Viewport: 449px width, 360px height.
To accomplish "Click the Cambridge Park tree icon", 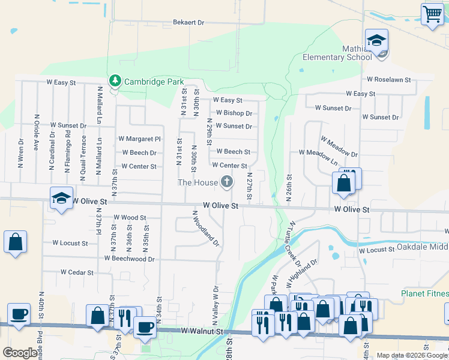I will point(114,80).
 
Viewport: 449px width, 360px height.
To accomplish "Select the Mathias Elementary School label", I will point(337,58).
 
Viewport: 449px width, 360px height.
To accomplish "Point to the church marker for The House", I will point(226,181).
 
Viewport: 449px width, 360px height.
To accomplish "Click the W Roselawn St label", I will point(388,79).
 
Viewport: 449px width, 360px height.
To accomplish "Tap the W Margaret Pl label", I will point(139,139).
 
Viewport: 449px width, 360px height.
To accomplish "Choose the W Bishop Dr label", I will point(234,113).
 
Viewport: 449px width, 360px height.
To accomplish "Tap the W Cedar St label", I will point(77,272).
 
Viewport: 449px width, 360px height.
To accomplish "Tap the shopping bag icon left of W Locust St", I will point(16,241).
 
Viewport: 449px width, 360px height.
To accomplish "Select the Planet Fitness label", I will point(425,293).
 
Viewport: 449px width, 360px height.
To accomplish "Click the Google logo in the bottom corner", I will point(20,353).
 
